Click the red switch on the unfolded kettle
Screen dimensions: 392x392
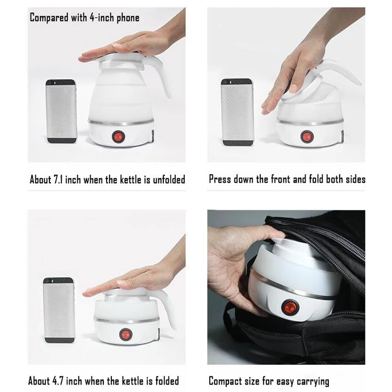[x=118, y=137]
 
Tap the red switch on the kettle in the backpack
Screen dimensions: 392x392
[x=290, y=307]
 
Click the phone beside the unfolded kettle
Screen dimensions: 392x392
[x=61, y=111]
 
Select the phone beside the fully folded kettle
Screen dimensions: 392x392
[x=59, y=310]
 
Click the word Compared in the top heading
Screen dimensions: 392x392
[x=49, y=18]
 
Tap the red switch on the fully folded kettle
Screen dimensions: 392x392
[x=125, y=334]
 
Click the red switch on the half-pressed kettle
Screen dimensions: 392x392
[x=307, y=136]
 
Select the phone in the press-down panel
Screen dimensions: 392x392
[x=237, y=112]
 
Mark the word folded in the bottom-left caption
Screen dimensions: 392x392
[x=167, y=381]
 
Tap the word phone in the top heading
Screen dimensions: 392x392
[x=128, y=18]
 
